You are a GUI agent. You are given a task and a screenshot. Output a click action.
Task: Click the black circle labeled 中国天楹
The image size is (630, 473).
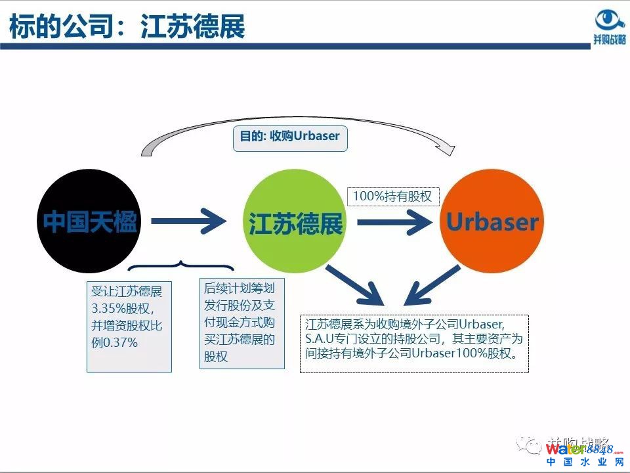click(x=89, y=222)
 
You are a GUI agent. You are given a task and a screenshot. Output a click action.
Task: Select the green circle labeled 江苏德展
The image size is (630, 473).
click(x=295, y=222)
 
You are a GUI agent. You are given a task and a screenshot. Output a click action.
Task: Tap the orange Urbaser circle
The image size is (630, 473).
click(x=492, y=222)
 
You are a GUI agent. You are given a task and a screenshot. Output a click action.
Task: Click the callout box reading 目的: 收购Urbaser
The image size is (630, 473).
click(x=289, y=137)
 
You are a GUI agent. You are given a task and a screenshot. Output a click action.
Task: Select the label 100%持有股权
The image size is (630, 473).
click(x=392, y=196)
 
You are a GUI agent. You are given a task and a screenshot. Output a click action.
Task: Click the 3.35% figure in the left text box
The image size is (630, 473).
click(x=106, y=308)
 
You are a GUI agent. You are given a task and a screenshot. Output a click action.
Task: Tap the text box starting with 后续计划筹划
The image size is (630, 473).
click(x=241, y=323)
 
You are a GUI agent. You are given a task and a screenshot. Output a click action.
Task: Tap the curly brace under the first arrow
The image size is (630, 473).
click(x=181, y=267)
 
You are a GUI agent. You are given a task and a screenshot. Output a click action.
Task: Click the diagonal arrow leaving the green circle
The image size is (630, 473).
click(x=355, y=283)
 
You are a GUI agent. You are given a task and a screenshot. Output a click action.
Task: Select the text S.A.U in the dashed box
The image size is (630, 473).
click(x=319, y=339)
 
